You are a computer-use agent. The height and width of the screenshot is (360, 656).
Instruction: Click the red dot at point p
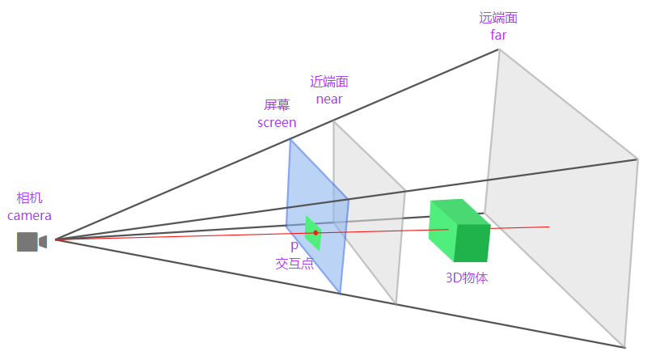[x=316, y=233]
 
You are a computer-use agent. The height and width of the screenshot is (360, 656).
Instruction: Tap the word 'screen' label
[x=277, y=123]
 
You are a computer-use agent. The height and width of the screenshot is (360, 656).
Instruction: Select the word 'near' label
[x=329, y=100]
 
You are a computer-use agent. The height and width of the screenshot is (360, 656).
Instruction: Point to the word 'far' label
[x=498, y=35]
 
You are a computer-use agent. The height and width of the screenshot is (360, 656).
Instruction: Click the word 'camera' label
[x=29, y=215]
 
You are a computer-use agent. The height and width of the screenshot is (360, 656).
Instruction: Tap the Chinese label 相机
[x=29, y=198]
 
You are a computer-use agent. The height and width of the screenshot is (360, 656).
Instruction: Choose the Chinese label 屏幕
[x=277, y=104]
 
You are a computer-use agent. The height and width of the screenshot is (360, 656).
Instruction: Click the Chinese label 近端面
[x=329, y=82]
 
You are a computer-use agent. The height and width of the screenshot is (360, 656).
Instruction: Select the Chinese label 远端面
[x=498, y=18]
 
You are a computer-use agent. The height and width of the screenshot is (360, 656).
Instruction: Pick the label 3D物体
[x=467, y=278]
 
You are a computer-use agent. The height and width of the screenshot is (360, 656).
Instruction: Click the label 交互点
[x=294, y=263]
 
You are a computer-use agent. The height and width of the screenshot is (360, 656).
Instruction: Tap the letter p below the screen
[x=294, y=246]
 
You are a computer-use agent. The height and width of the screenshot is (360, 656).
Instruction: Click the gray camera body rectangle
[x=28, y=242]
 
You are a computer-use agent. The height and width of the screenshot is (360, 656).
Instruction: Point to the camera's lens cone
[x=43, y=242]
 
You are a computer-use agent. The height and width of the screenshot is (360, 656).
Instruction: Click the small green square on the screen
[x=313, y=233]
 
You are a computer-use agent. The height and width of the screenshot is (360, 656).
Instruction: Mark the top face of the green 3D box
[x=460, y=212]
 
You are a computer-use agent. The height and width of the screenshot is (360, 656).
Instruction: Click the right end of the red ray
[x=549, y=227]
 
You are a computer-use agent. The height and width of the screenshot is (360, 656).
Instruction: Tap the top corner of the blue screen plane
[x=290, y=140]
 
